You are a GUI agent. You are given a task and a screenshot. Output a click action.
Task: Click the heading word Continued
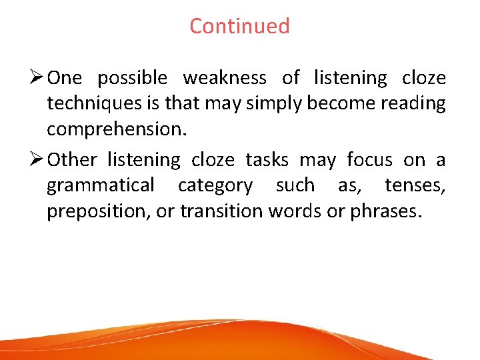pyautogui.click(x=239, y=26)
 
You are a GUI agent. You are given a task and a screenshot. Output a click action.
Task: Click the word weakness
pyautogui.click(x=225, y=78)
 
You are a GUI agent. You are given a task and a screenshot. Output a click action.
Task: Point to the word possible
pyautogui.click(x=133, y=79)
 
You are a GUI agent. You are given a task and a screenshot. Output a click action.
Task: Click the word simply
pyautogui.click(x=256, y=104)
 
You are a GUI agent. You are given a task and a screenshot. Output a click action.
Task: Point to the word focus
pyautogui.click(x=369, y=160)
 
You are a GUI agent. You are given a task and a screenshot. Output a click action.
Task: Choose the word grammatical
pyautogui.click(x=101, y=185)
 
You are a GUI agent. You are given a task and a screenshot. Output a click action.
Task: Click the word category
pyautogui.click(x=215, y=185)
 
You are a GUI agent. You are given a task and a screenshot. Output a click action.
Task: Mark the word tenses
pyautogui.click(x=415, y=185)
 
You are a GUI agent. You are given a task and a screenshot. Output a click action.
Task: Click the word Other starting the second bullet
pyautogui.click(x=73, y=160)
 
